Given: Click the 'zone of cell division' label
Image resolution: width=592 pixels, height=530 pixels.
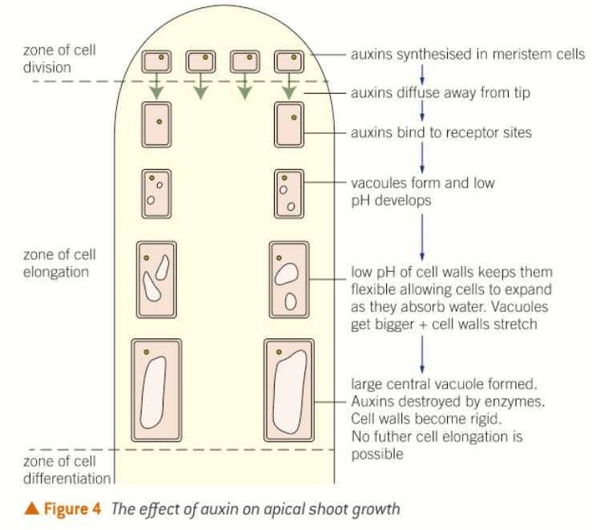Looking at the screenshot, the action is coord(59,59).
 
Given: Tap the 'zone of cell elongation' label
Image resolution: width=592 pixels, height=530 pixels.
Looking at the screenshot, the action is coord(59,263).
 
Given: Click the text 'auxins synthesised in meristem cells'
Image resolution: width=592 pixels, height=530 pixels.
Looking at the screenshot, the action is coord(468,55).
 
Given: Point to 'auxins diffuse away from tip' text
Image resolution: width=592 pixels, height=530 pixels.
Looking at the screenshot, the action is coord(440,93).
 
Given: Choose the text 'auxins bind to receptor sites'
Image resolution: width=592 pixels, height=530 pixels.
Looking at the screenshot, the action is coord(441,132).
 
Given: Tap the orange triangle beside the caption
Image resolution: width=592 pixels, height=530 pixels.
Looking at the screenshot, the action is coord(32,509).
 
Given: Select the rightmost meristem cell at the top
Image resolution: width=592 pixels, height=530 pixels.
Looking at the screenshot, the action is coord(288,62).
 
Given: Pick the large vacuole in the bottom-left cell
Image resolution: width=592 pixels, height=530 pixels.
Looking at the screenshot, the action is coord(153,394).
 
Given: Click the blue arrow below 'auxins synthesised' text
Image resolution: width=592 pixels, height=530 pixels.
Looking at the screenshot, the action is coord(423,74).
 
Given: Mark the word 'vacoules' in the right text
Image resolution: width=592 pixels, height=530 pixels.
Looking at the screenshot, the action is coord(378,183).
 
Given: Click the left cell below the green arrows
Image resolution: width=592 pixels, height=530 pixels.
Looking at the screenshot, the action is coord(157,123).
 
